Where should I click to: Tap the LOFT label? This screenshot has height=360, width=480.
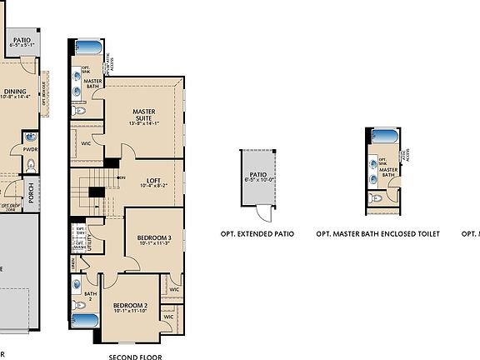point(152,181)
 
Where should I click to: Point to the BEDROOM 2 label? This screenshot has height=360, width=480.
point(130,306)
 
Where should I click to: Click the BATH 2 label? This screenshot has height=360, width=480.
point(91,296)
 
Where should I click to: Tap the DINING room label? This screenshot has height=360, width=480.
point(15,92)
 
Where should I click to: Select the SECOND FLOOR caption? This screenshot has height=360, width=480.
point(136,356)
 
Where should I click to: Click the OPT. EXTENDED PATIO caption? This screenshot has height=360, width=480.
point(257,235)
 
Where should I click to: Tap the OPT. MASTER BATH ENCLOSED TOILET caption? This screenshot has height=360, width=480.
point(377,235)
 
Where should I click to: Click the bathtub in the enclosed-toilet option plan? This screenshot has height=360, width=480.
point(384,136)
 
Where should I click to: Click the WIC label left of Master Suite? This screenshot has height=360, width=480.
point(86,143)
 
